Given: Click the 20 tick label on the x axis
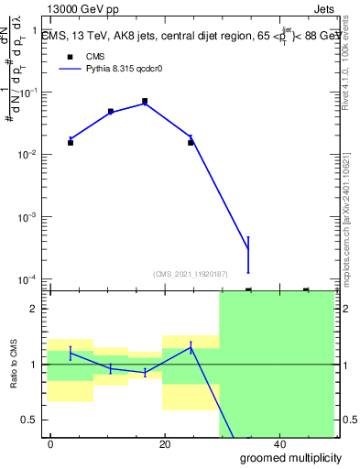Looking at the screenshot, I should point(165,443).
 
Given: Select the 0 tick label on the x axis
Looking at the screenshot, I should point(51,443).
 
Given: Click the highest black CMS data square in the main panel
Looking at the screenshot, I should point(145,101).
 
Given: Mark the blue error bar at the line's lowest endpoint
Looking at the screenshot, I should point(248,255).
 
